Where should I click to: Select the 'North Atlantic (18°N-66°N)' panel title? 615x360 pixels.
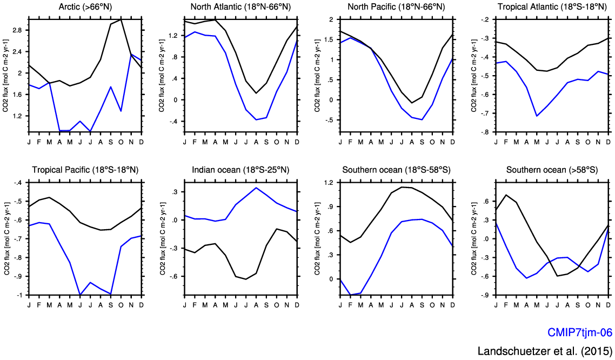coord(240,6)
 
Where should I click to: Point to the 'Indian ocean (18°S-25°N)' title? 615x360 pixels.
coord(240,170)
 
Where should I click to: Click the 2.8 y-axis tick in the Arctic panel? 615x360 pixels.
coord(16,30)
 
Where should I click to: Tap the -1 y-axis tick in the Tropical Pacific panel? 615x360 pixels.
coord(20,295)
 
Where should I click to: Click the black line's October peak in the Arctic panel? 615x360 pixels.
coord(121,19)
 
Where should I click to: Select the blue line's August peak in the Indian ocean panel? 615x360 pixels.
coord(256,188)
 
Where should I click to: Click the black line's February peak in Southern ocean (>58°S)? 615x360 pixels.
coord(506,195)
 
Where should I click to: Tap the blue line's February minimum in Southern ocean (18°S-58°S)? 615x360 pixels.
coord(350,295)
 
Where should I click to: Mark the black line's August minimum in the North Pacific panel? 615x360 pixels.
coord(412,103)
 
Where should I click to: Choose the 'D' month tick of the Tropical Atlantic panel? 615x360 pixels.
coord(609,142)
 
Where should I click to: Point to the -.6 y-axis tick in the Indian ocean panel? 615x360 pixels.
coord(174,276)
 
